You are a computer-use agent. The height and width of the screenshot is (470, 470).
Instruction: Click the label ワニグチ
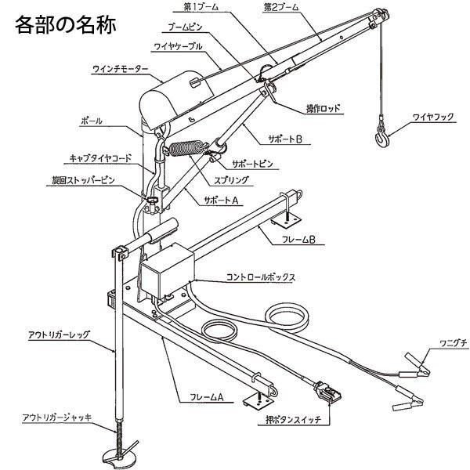[439, 345]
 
